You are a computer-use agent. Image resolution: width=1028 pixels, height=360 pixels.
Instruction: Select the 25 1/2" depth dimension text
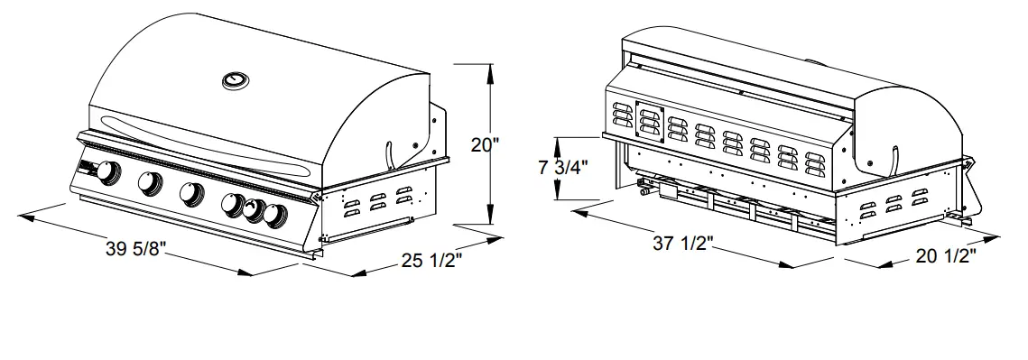pyautogui.click(x=431, y=263)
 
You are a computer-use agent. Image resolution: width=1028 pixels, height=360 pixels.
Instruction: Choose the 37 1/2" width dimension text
pyautogui.click(x=683, y=243)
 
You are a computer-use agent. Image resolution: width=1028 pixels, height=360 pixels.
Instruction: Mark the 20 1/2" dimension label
pyautogui.click(x=946, y=256)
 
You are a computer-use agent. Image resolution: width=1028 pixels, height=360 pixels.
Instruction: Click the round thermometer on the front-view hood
pyautogui.click(x=236, y=81)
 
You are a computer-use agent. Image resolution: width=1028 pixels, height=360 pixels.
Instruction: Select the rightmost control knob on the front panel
pyautogui.click(x=275, y=215)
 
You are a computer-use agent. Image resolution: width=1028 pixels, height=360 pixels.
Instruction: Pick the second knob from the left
pyautogui.click(x=150, y=183)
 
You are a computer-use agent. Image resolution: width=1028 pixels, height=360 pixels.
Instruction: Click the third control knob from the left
pyautogui.click(x=191, y=193)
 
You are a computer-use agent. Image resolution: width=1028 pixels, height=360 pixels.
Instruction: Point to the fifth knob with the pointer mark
pyautogui.click(x=254, y=211)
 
